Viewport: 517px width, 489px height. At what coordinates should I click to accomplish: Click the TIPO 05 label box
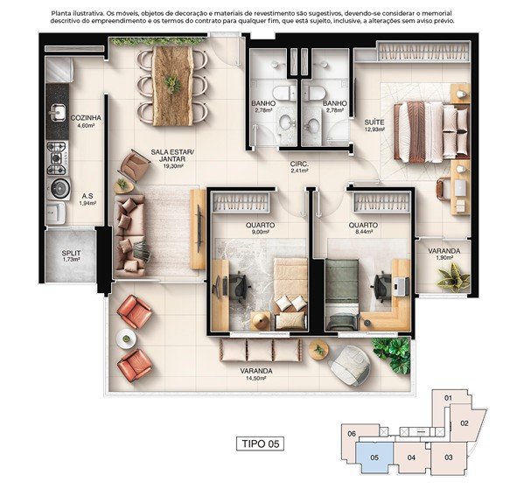[x=260, y=444]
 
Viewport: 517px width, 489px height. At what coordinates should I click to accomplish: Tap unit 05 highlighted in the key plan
[x=374, y=458]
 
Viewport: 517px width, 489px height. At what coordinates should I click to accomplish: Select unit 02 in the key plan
[x=465, y=423]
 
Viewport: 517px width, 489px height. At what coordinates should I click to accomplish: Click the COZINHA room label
[x=86, y=118]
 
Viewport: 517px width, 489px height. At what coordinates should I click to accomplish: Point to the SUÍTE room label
[x=374, y=122]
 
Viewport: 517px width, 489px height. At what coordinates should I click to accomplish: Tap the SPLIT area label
[x=71, y=253]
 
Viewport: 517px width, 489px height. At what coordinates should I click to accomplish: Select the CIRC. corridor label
[x=299, y=164]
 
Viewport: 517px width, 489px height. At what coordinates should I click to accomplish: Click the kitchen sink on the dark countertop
[x=58, y=112]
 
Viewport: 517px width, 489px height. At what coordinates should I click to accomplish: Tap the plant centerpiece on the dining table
[x=171, y=84]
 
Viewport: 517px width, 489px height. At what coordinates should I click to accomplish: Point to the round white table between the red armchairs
[x=126, y=339]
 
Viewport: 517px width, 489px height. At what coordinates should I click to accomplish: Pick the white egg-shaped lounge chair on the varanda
[x=350, y=365]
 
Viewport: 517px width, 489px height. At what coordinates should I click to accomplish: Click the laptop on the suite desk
[x=459, y=187]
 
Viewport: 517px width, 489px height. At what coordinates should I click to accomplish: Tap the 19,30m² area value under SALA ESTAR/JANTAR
[x=173, y=166]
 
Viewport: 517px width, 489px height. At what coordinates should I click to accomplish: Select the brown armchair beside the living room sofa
[x=134, y=166]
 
